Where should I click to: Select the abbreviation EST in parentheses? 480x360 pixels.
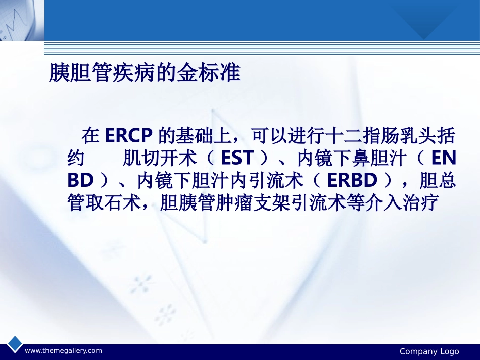tap(237, 159)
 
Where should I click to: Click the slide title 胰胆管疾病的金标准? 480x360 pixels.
tap(144, 74)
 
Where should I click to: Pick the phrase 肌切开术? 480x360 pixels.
tap(159, 159)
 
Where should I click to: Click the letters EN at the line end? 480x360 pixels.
tap(444, 159)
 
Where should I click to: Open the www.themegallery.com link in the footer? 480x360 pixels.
tap(63, 351)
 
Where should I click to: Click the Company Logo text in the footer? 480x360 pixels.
tap(429, 351)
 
